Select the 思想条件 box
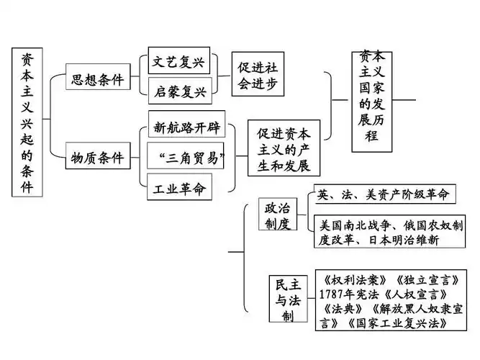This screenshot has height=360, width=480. [x=97, y=78]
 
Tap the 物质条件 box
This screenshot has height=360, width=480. [x=97, y=157]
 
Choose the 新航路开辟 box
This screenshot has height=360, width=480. [x=182, y=128]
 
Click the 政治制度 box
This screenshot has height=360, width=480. [x=277, y=215]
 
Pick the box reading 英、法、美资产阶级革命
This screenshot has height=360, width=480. [x=385, y=194]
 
